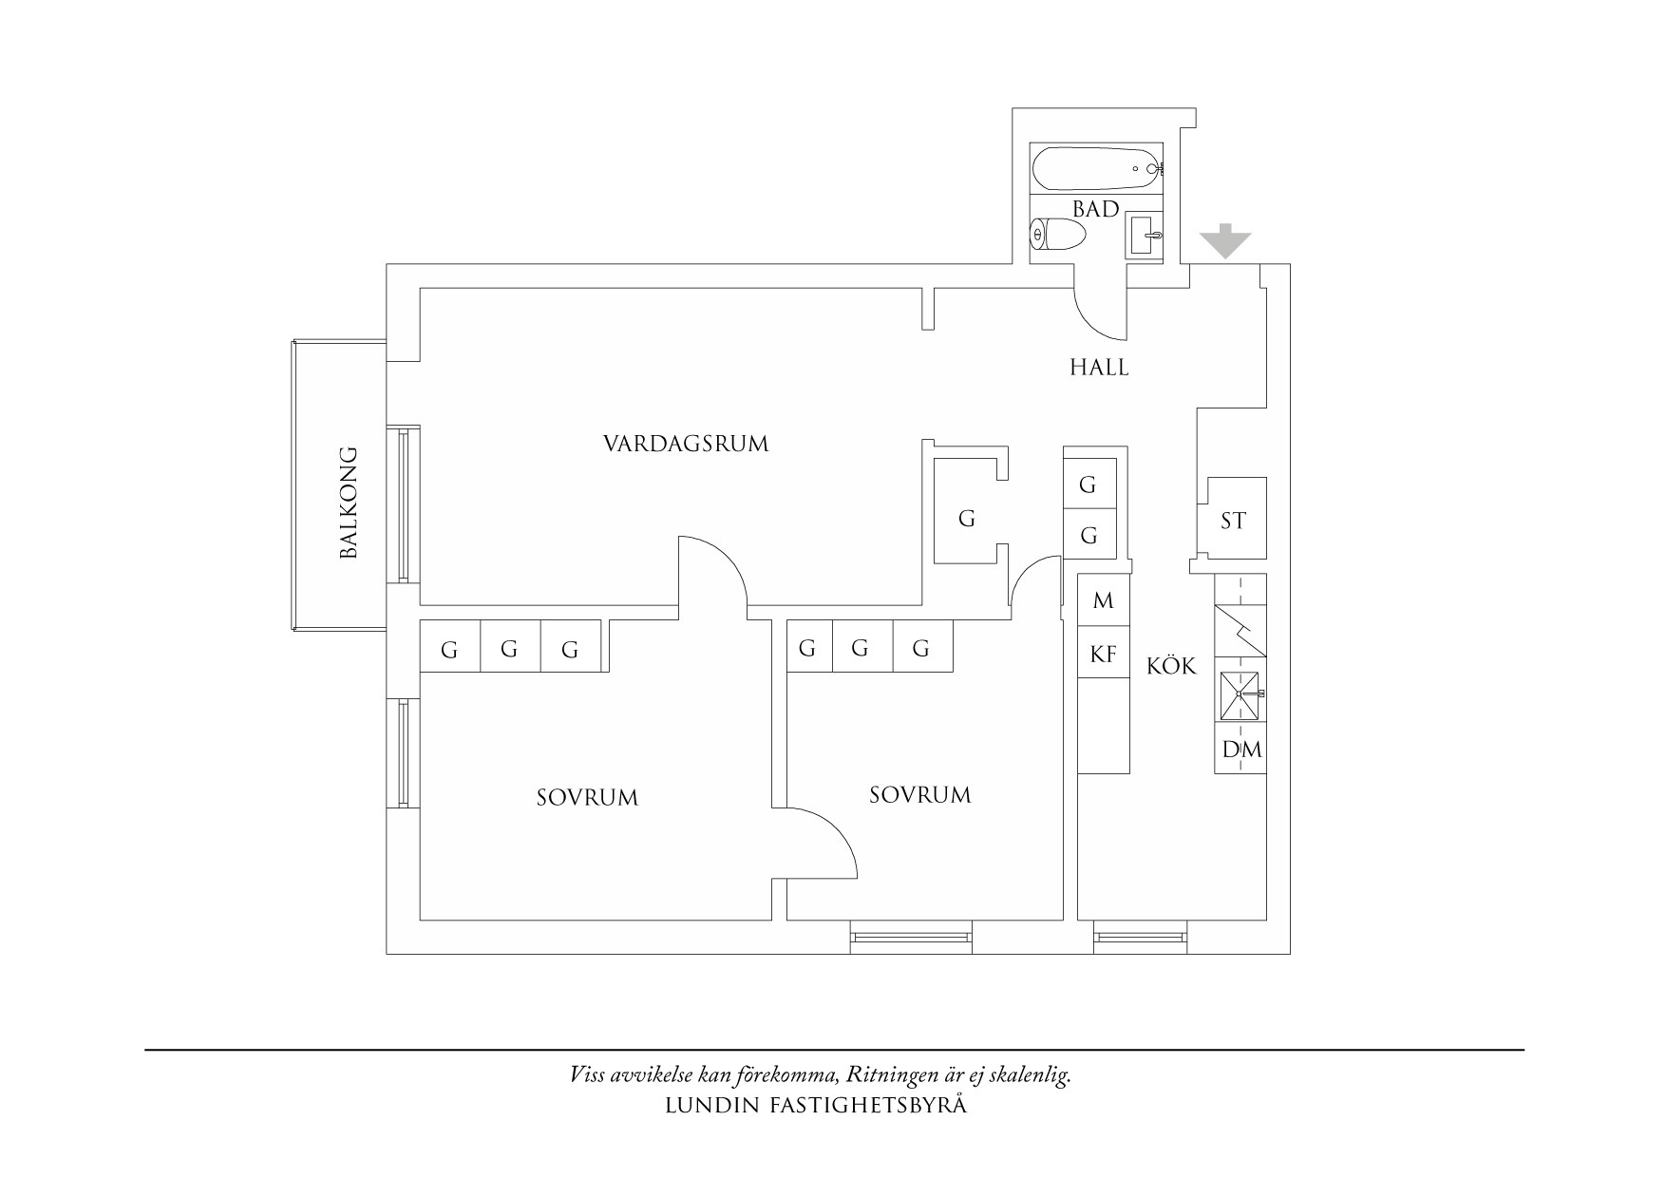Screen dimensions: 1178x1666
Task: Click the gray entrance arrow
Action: pyautogui.click(x=1225, y=241)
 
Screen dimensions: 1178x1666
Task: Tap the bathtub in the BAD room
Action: pyautogui.click(x=1096, y=169)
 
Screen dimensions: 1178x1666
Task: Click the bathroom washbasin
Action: pyautogui.click(x=1144, y=234)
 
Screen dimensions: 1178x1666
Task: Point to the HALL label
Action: pyautogui.click(x=1099, y=368)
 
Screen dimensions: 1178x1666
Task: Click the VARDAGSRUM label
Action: pyautogui.click(x=685, y=444)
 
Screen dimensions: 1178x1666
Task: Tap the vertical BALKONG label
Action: pyautogui.click(x=349, y=502)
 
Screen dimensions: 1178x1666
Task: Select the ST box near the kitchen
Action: pyautogui.click(x=1232, y=520)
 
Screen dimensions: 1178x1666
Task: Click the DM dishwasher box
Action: pyautogui.click(x=1240, y=750)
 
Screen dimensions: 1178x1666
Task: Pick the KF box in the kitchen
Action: pyautogui.click(x=1103, y=654)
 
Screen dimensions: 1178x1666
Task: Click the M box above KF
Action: pyautogui.click(x=1103, y=600)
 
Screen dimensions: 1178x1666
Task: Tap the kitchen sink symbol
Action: pyautogui.click(x=1240, y=695)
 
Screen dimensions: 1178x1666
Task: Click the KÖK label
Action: pyautogui.click(x=1171, y=667)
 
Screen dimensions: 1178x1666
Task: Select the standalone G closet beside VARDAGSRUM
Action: pyautogui.click(x=965, y=519)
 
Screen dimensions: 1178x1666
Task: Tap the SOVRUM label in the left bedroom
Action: pyautogui.click(x=587, y=797)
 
